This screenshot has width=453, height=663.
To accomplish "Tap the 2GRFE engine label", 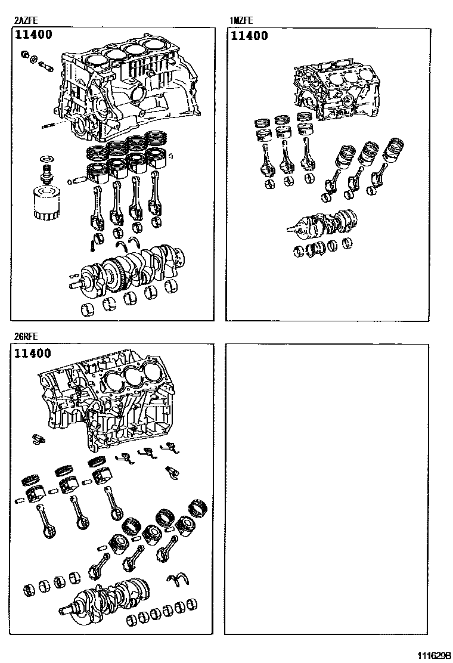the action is (x=25, y=336).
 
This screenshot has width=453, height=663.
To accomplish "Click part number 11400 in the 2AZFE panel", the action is (x=33, y=35).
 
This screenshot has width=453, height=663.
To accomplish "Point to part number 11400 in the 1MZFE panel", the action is (x=249, y=36).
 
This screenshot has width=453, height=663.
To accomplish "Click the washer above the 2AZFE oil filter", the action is (x=45, y=159).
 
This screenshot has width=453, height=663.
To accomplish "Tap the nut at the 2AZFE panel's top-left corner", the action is (x=25, y=55).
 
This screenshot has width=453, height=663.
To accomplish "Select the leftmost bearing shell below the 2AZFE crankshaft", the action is (x=88, y=309).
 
